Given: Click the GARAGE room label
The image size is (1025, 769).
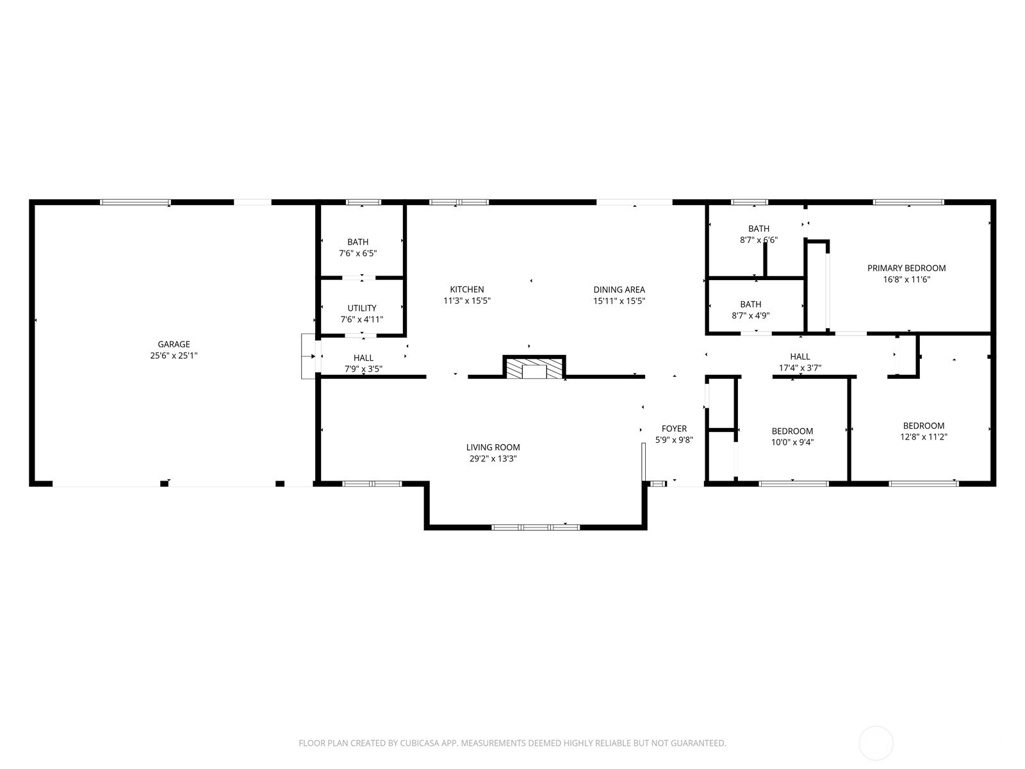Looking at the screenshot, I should [x=174, y=344].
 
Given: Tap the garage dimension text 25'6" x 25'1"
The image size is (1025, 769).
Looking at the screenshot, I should [x=174, y=356].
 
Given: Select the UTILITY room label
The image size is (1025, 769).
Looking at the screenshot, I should [x=362, y=308].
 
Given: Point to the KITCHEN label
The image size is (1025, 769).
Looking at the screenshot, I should [x=467, y=290].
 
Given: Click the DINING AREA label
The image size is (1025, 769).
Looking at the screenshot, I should [x=619, y=290].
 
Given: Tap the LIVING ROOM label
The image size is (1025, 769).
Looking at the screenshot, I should [x=493, y=447].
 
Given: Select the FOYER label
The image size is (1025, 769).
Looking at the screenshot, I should [x=674, y=429].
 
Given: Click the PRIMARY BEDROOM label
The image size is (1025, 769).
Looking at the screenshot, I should [x=906, y=268].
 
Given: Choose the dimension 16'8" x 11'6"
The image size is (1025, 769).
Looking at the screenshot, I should [x=906, y=279].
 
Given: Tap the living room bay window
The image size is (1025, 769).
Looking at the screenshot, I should [x=535, y=527].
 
